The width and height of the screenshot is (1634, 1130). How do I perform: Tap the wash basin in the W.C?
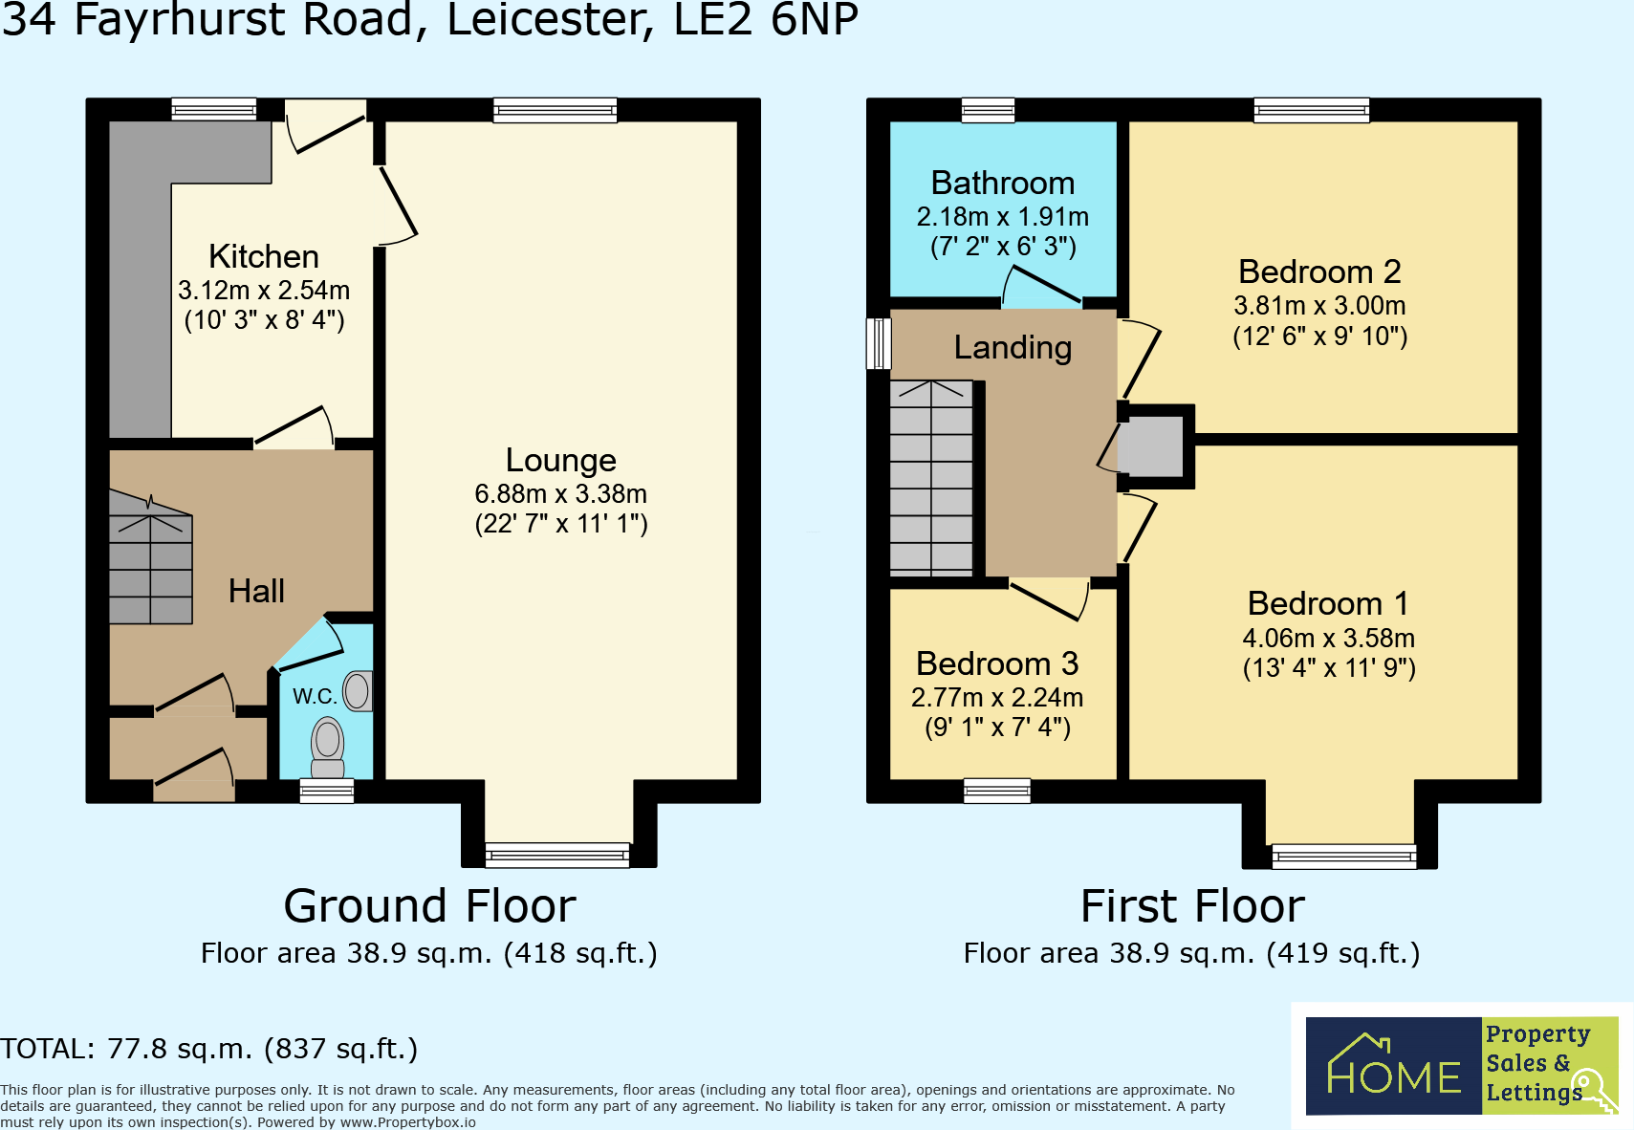pyautogui.click(x=359, y=691)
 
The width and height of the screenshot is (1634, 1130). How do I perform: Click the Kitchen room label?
pyautogui.click(x=264, y=257)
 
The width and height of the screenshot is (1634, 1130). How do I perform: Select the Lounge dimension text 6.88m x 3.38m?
pyautogui.click(x=561, y=494)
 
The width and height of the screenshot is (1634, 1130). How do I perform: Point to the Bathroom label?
pyautogui.click(x=1003, y=184)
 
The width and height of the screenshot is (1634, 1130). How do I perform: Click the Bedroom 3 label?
pyautogui.click(x=997, y=663)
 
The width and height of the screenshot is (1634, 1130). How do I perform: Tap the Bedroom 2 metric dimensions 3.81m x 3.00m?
pyautogui.click(x=1319, y=306)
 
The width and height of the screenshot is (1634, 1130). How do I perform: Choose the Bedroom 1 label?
pyautogui.click(x=1328, y=604)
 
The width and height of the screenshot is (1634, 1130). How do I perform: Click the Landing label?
pyautogui.click(x=1013, y=347)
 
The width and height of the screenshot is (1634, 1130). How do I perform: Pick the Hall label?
pyautogui.click(x=256, y=591)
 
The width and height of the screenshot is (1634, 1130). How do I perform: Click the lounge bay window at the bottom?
pyautogui.click(x=557, y=855)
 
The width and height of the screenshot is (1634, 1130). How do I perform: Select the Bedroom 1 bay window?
pyautogui.click(x=1344, y=857)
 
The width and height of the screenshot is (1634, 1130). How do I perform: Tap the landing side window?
pyautogui.click(x=879, y=343)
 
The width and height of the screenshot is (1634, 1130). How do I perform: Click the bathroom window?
pyautogui.click(x=989, y=110)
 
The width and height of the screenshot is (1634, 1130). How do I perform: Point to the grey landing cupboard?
pyautogui.click(x=1151, y=446)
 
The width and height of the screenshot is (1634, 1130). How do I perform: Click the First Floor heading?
pyautogui.click(x=1192, y=906)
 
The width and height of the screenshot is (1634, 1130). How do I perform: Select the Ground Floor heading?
pyautogui.click(x=429, y=906)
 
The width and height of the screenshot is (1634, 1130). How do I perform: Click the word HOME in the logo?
pyautogui.click(x=1394, y=1076)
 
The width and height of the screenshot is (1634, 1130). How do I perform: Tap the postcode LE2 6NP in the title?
pyautogui.click(x=765, y=19)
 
